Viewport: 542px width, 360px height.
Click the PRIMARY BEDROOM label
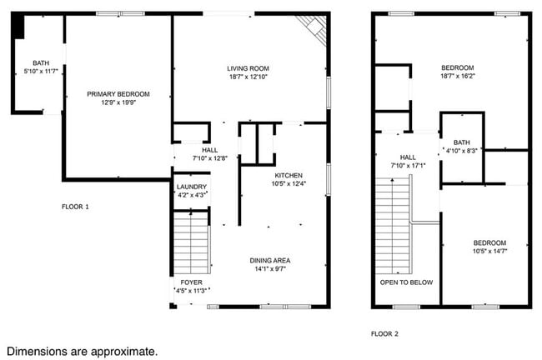tap(118, 94)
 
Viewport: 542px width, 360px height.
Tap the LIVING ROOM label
tap(248, 68)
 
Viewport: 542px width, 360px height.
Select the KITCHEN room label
tap(289, 175)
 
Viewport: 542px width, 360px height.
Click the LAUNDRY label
tap(192, 187)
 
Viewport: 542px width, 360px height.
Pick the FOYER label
tap(192, 282)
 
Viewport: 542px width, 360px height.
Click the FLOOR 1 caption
tap(75, 206)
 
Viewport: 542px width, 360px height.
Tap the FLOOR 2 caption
tap(384, 333)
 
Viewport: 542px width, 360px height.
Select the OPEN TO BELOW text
tap(407, 282)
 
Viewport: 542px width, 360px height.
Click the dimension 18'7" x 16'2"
tap(457, 76)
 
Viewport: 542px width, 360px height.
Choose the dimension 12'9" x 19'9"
tap(118, 102)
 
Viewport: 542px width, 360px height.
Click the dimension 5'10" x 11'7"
tap(41, 72)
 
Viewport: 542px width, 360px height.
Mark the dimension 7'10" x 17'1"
tap(408, 165)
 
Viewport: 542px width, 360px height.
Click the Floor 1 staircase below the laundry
tap(192, 242)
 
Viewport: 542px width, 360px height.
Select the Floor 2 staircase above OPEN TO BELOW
tap(395, 225)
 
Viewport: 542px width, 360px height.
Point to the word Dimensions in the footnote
tap(38, 352)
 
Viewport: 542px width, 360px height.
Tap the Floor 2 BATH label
tap(462, 142)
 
